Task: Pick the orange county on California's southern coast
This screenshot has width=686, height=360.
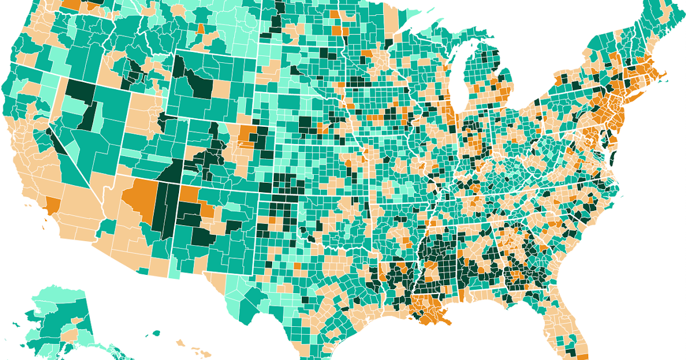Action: pyautogui.click(x=52, y=205)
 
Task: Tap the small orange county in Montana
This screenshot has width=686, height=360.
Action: pyautogui.click(x=201, y=28)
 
